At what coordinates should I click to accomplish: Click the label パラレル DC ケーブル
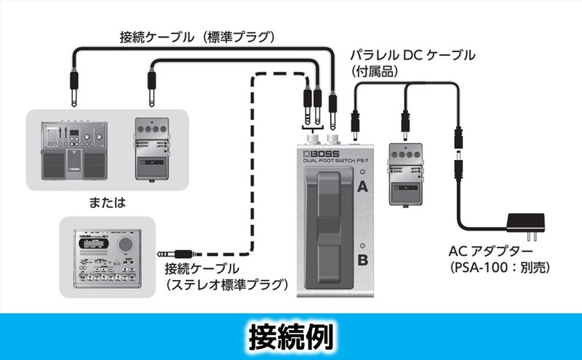412,56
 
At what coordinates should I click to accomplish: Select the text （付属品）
373,71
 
